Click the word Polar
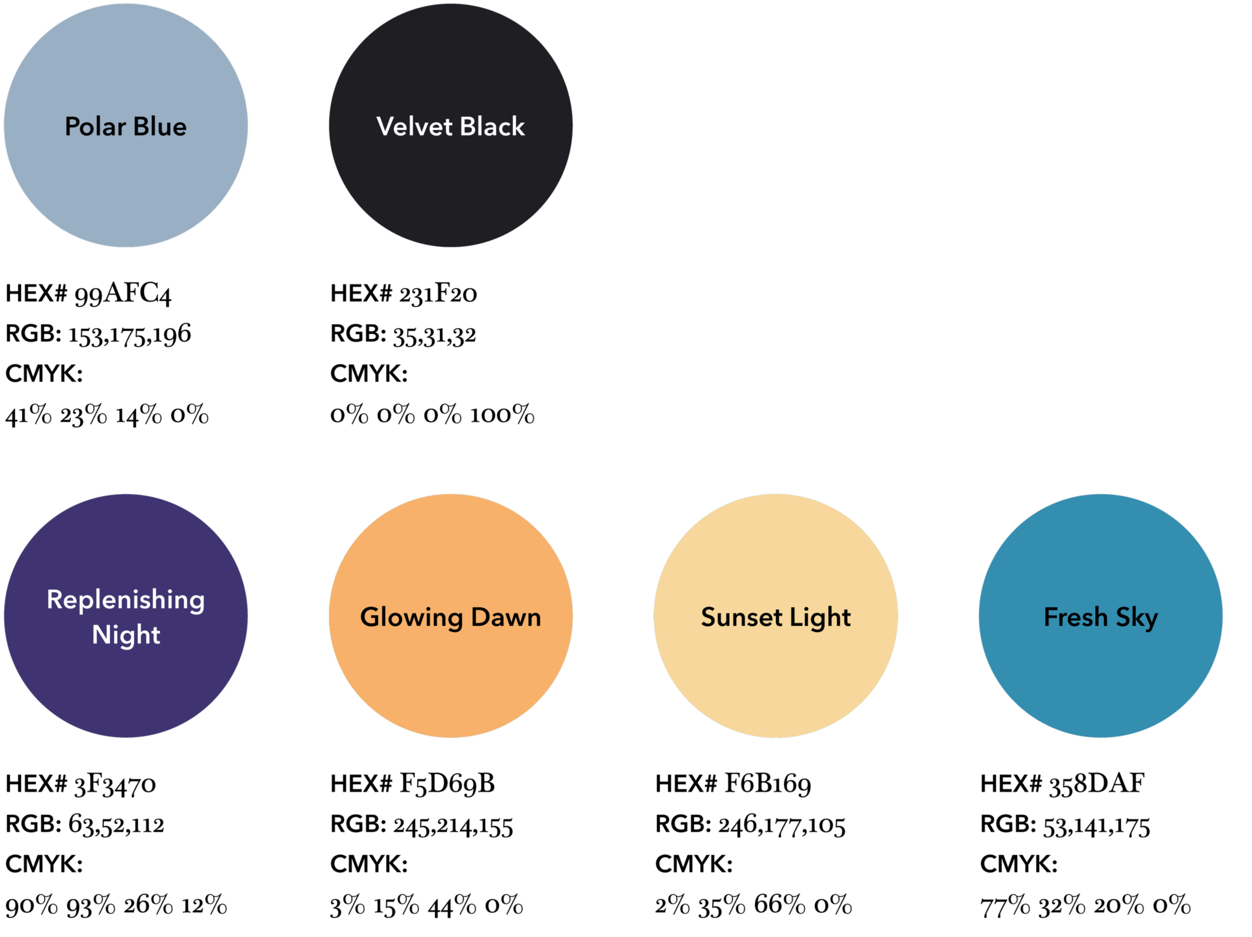95,127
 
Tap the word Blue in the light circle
160,127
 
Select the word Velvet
414,127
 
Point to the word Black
492,127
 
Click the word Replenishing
126,600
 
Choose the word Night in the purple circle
126,635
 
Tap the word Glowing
412,618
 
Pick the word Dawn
506,618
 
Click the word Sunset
741,618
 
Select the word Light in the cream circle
820,618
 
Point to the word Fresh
1075,618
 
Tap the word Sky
1137,618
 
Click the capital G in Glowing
370,618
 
